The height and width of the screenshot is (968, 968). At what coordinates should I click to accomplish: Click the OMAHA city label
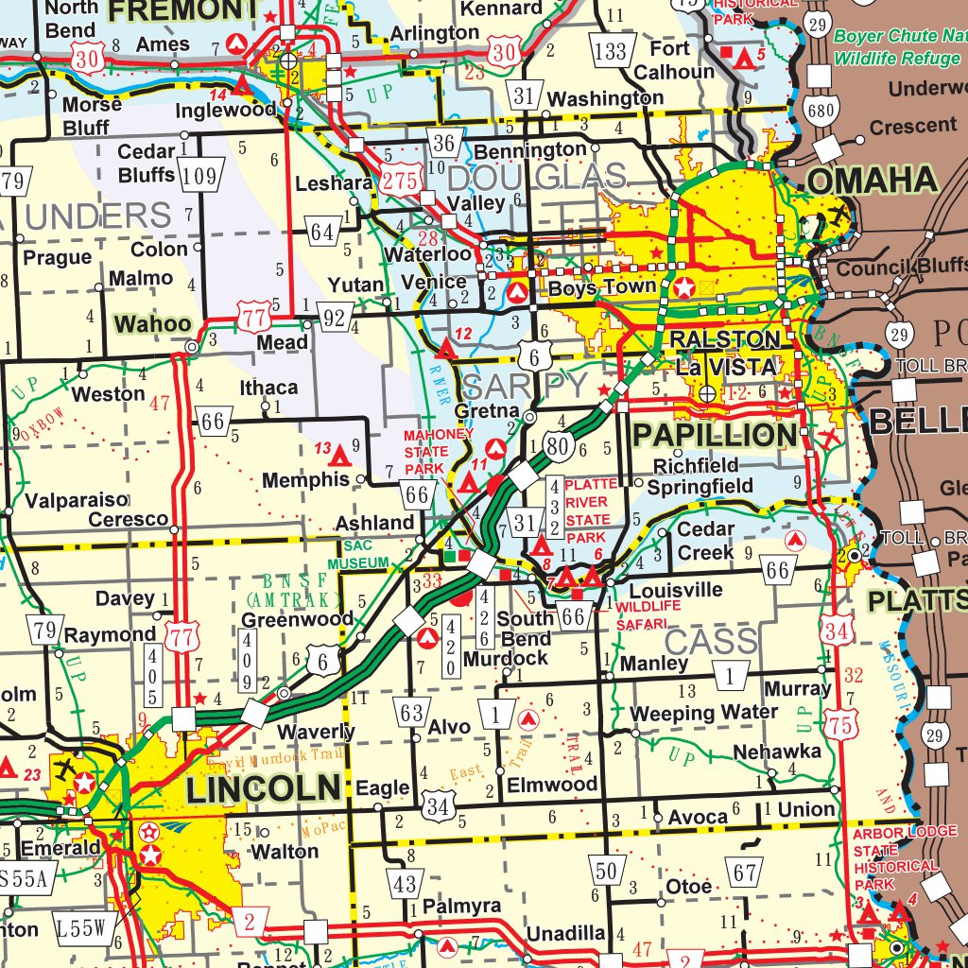coord(871,180)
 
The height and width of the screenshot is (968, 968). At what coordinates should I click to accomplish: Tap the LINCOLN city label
coord(264,787)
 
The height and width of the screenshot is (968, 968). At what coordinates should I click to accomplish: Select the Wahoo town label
coord(152,324)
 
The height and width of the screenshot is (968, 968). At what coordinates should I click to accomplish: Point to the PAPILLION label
coord(715,435)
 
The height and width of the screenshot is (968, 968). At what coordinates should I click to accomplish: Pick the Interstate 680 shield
coord(821,112)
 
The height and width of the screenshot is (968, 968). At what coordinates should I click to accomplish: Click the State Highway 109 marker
coord(200,175)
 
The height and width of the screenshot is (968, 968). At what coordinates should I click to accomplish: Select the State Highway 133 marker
coord(611,50)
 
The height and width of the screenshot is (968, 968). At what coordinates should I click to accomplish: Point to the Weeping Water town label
coord(704,712)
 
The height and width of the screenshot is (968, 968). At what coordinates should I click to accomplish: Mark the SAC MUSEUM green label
coord(365,554)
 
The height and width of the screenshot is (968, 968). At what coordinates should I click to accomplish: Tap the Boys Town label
coord(602,286)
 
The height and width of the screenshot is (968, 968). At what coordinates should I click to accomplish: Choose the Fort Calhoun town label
coord(674,60)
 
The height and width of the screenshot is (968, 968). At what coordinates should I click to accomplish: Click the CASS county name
coord(711,643)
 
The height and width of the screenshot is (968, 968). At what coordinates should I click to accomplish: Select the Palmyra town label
coord(461,906)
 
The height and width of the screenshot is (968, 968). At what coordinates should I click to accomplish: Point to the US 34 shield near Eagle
coord(438,806)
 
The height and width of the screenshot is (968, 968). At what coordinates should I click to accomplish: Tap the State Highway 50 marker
coord(605,871)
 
